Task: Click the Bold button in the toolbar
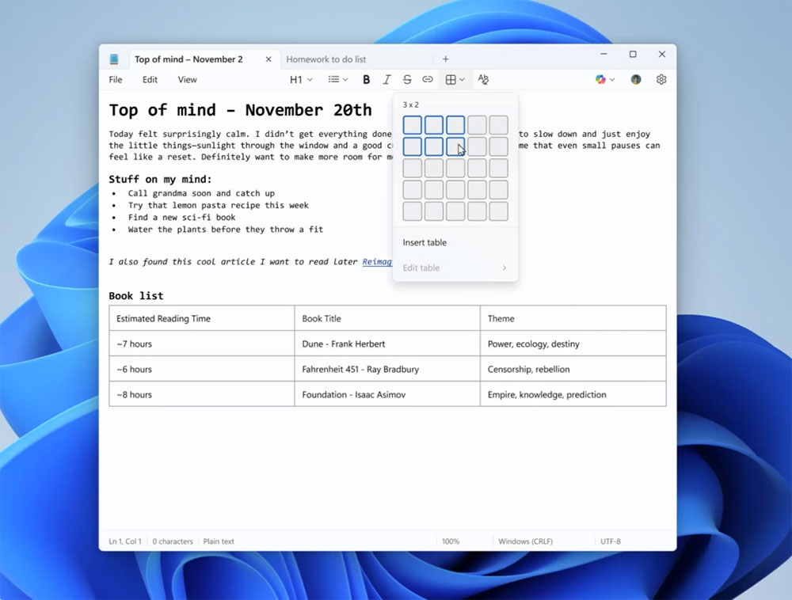[x=366, y=80]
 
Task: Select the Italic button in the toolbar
[x=386, y=80]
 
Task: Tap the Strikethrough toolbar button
[x=407, y=80]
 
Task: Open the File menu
[x=116, y=80]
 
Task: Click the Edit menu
[x=150, y=80]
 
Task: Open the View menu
[x=187, y=80]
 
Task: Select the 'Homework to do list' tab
[x=326, y=59]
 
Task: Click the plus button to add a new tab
[x=446, y=59]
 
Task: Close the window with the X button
[x=662, y=55]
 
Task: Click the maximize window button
[x=633, y=55]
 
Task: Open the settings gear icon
[x=661, y=80]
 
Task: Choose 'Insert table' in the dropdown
[x=425, y=243]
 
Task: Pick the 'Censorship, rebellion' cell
[x=528, y=370]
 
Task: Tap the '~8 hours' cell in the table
[x=135, y=395]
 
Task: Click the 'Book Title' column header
[x=322, y=319]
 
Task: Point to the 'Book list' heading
[x=136, y=296]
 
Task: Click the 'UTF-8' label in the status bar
[x=611, y=541]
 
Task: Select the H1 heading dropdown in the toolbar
[x=300, y=80]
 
